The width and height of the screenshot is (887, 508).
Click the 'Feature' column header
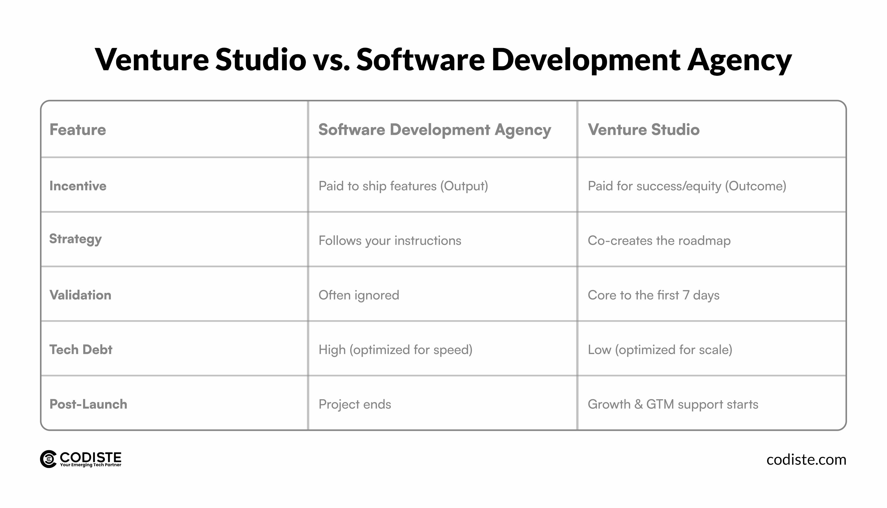[x=77, y=130]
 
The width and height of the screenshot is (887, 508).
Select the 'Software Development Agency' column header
[x=434, y=130]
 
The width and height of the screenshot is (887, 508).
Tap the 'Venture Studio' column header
[x=644, y=130]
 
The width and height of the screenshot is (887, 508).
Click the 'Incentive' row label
[x=78, y=186]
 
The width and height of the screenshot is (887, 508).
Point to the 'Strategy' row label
[x=75, y=239]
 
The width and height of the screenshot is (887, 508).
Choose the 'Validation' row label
[x=80, y=295]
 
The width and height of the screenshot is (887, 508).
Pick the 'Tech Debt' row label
[x=81, y=350]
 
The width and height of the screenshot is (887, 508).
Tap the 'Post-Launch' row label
[x=88, y=404]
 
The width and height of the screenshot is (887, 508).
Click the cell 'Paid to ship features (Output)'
[x=403, y=186]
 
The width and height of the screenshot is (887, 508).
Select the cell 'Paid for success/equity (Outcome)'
[x=687, y=186]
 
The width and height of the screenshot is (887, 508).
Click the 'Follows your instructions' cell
[x=390, y=241]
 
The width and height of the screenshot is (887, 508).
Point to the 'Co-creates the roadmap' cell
[x=659, y=241]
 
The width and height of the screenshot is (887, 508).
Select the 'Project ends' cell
[x=355, y=404]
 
